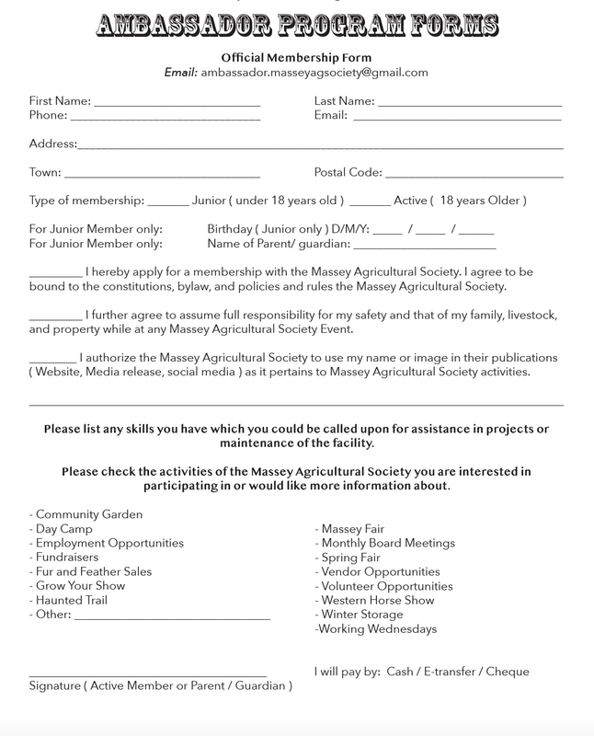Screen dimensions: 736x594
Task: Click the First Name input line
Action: click(x=177, y=102)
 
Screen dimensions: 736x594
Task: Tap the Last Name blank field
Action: click(x=469, y=102)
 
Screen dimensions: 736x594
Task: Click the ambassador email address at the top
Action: click(x=315, y=72)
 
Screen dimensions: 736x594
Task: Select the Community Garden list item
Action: click(x=86, y=514)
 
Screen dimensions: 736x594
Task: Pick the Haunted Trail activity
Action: click(x=74, y=600)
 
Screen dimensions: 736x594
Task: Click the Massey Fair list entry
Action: click(x=349, y=529)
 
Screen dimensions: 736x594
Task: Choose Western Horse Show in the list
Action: click(x=377, y=600)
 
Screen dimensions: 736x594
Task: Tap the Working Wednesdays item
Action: click(x=375, y=629)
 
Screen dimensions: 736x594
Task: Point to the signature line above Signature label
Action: click(x=148, y=675)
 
